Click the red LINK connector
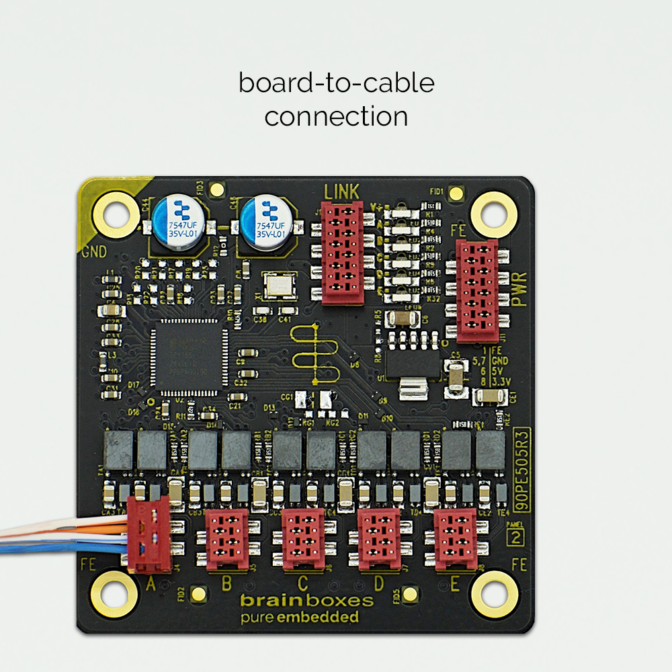pos(343,252)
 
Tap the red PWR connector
pos(477,291)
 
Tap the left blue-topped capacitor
pos(173,221)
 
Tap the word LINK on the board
pos(342,192)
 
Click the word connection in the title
pos(336,117)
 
